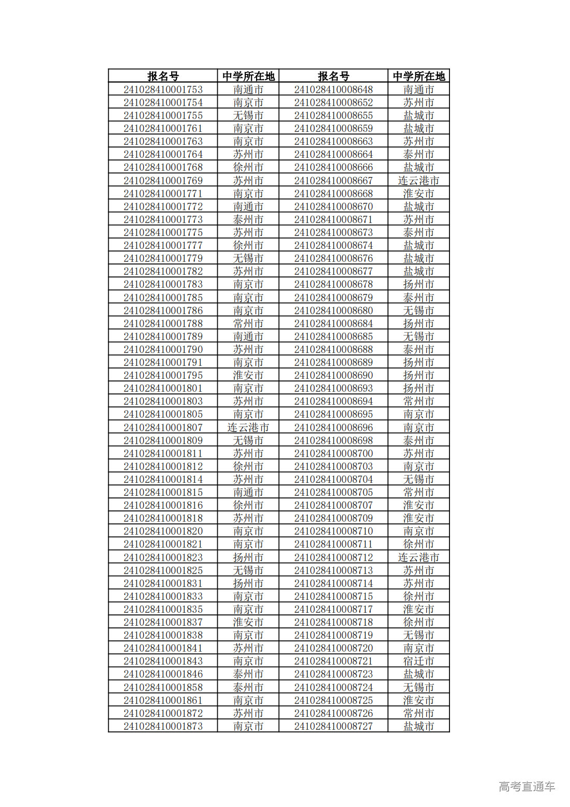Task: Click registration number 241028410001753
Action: [163, 90]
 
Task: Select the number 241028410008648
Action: [333, 90]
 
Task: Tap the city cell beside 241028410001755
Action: [248, 115]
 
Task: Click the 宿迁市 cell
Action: [418, 661]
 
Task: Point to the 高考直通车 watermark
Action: [527, 786]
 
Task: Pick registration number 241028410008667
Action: [333, 181]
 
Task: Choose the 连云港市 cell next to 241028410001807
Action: [248, 428]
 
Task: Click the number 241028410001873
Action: [163, 726]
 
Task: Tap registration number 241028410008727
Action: [333, 726]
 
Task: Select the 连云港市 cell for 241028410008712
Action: [418, 557]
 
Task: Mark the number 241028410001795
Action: [163, 375]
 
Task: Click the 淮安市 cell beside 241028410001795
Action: [248, 375]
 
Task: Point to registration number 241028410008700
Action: [333, 453]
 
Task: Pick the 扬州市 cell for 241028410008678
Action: [418, 284]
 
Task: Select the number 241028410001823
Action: [163, 557]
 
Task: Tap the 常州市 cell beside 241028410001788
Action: [248, 324]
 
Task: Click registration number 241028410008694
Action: [333, 401]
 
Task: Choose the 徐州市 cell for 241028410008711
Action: [418, 544]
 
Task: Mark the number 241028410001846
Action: [163, 674]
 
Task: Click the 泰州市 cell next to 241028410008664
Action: [418, 154]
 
